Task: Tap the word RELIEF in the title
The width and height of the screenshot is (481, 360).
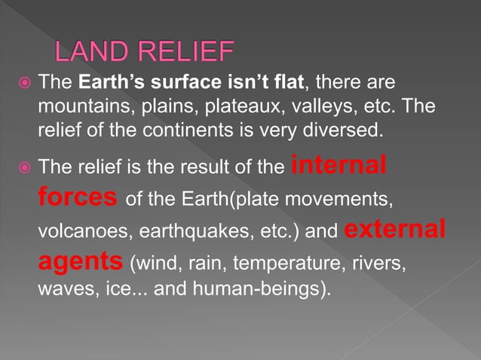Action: tap(186, 53)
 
